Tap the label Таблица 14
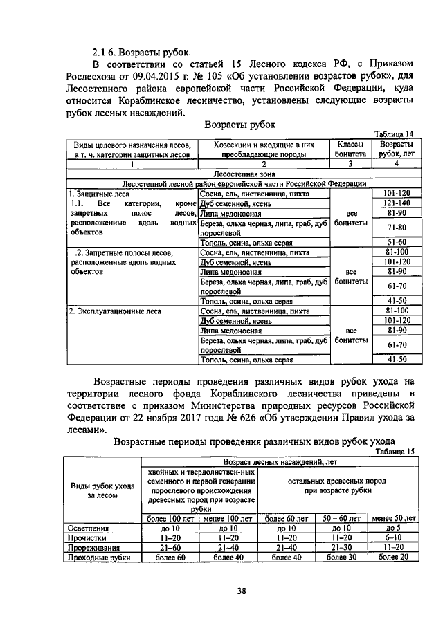(x=394, y=134)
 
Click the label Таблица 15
(x=396, y=451)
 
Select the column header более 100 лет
(x=170, y=518)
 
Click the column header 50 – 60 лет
(x=341, y=518)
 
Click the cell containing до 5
(x=394, y=527)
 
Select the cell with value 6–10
(x=394, y=537)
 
